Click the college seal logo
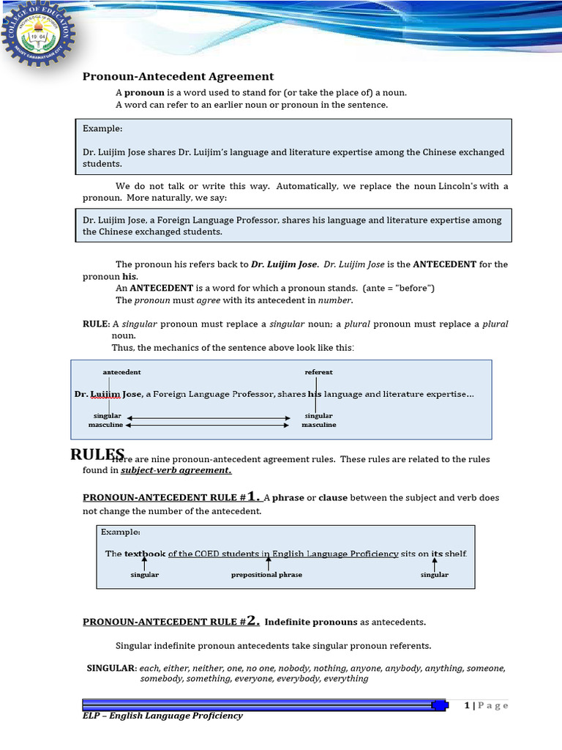(x=37, y=37)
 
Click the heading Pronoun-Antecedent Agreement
(x=178, y=76)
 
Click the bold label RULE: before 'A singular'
(x=96, y=324)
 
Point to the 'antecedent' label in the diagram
(x=121, y=372)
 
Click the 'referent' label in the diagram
(x=318, y=372)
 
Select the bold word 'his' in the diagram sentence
(x=315, y=394)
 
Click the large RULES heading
(x=97, y=454)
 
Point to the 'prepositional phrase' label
(x=266, y=575)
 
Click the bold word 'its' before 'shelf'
(x=436, y=554)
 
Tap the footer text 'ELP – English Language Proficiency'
(x=162, y=716)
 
